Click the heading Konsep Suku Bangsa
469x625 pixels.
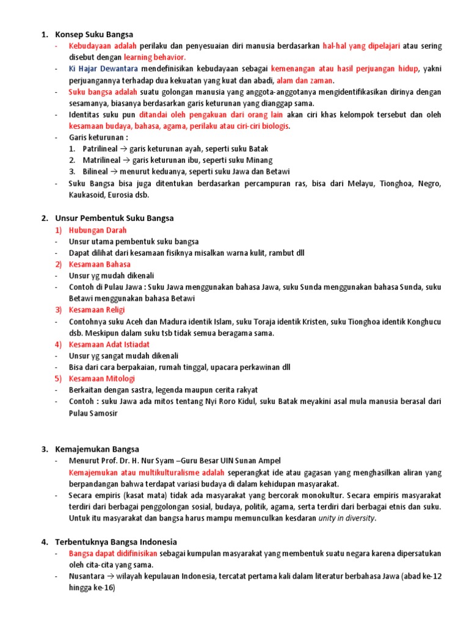(x=94, y=34)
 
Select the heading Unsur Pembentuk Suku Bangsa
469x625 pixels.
(x=114, y=218)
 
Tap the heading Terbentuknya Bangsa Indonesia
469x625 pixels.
(x=116, y=541)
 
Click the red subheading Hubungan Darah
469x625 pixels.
(x=98, y=230)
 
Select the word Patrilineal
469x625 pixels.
(x=102, y=149)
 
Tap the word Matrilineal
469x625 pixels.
(x=103, y=160)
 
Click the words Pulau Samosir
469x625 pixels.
(x=92, y=413)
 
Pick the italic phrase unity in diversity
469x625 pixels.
(x=346, y=518)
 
